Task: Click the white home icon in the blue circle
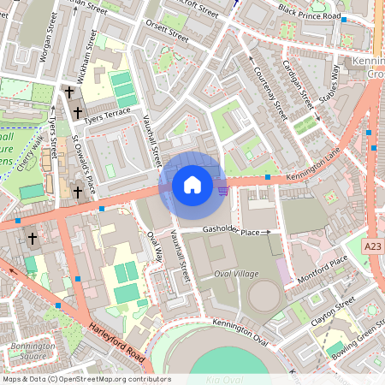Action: (192, 184)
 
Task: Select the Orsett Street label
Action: (166, 35)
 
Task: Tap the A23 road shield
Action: (372, 246)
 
